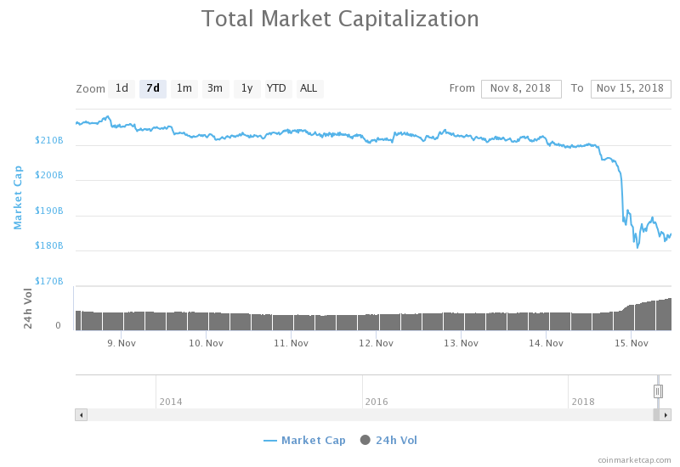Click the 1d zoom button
click(122, 88)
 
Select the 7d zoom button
click(153, 88)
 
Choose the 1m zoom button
click(184, 88)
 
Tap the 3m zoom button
click(215, 88)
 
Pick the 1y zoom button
click(246, 88)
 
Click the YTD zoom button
click(276, 88)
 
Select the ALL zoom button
click(309, 88)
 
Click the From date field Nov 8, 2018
click(521, 88)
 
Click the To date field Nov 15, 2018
click(630, 88)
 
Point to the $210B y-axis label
click(49, 140)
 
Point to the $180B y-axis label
click(49, 246)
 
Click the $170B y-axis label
click(49, 281)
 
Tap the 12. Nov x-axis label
click(376, 343)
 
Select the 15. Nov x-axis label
click(631, 343)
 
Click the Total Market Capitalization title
click(340, 19)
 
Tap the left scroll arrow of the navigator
click(82, 414)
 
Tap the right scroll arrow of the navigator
click(666, 414)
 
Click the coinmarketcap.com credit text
click(634, 459)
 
